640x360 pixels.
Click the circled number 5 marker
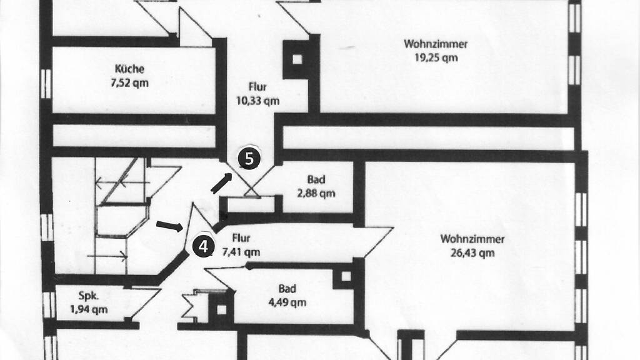point(249,159)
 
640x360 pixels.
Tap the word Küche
point(130,69)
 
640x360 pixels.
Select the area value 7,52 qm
point(130,83)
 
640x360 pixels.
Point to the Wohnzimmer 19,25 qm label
point(436,50)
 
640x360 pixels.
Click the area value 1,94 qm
point(88,309)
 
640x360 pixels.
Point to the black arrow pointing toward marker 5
point(221,183)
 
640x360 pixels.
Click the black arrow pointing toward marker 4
point(169,226)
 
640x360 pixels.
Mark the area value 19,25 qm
point(436,57)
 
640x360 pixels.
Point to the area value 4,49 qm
point(287,303)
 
